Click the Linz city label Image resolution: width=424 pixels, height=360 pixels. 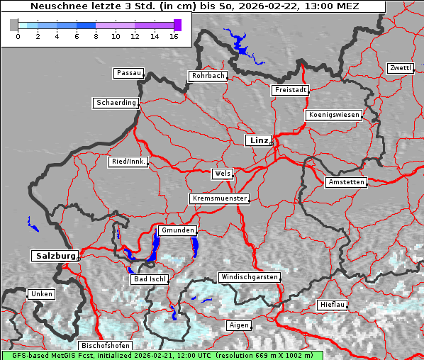[258, 140]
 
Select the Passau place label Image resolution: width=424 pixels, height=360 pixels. [128, 73]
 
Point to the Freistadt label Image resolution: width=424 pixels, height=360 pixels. [290, 90]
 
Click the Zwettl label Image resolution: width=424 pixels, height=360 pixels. [400, 68]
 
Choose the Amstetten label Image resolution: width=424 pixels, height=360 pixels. [346, 182]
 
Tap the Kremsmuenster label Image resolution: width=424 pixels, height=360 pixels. [220, 198]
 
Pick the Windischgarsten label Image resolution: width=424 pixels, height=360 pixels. [249, 277]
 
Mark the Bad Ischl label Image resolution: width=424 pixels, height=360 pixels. [150, 279]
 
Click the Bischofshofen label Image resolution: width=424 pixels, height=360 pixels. [105, 345]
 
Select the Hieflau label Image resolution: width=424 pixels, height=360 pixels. [333, 305]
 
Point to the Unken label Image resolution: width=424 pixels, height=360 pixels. [41, 293]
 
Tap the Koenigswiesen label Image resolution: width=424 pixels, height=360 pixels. [333, 115]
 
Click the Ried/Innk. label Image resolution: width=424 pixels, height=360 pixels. [128, 162]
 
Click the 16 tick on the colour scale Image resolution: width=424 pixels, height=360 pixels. [174, 36]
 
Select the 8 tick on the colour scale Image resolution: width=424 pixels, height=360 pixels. [96, 36]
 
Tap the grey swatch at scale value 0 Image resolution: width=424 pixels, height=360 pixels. [14, 25]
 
